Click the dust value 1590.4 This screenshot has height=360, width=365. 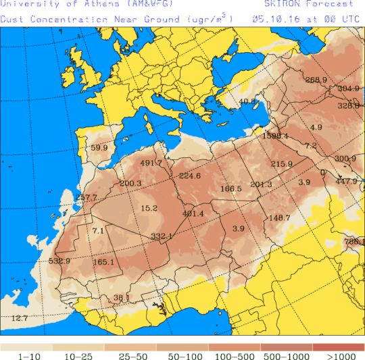pyautogui.click(x=276, y=136)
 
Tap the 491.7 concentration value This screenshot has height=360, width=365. pyautogui.click(x=151, y=163)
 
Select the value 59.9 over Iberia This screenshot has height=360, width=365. pyautogui.click(x=99, y=148)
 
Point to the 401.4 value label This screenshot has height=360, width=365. pyautogui.click(x=193, y=214)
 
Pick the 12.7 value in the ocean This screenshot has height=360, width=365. pyautogui.click(x=20, y=317)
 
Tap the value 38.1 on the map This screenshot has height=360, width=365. pyautogui.click(x=121, y=297)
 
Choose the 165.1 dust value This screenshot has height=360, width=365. pyautogui.click(x=103, y=262)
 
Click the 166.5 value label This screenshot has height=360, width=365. pyautogui.click(x=230, y=188)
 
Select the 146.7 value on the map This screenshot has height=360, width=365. pyautogui.click(x=279, y=217)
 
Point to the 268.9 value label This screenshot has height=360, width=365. pyautogui.click(x=316, y=80)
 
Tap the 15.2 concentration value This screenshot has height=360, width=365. pyautogui.click(x=149, y=208)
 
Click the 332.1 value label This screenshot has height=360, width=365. pyautogui.click(x=162, y=236)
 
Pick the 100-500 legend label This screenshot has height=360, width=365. pyautogui.click(x=234, y=355)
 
